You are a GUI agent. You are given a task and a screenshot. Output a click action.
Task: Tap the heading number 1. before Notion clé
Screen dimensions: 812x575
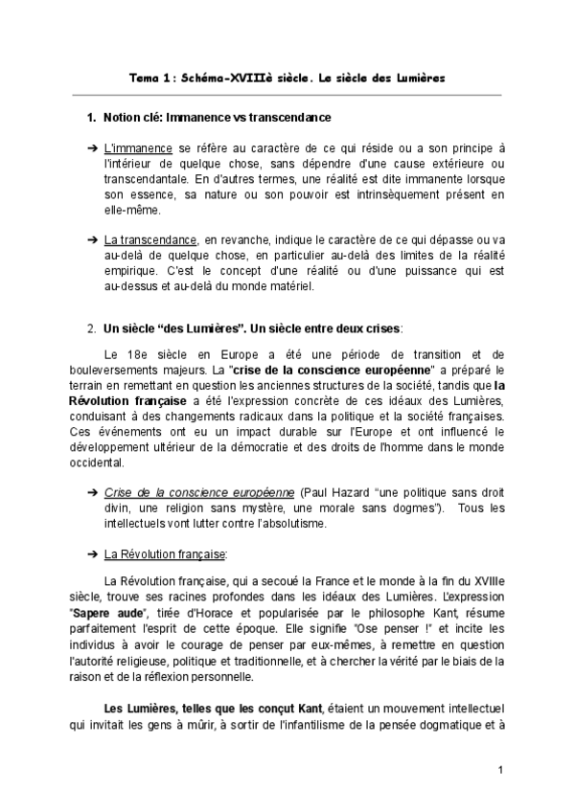pyautogui.click(x=92, y=118)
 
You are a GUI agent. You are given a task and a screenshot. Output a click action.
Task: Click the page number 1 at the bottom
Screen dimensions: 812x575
pyautogui.click(x=500, y=771)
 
